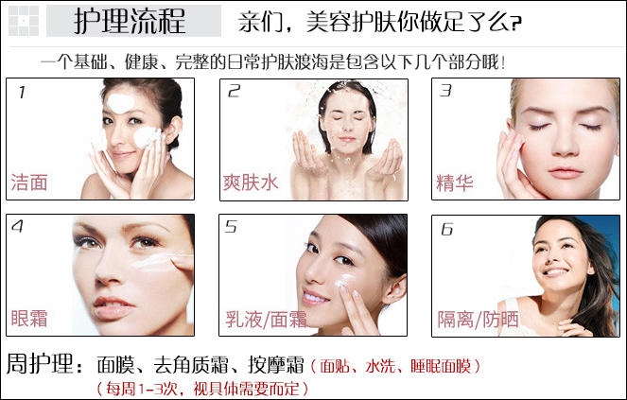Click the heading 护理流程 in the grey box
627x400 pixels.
click(x=130, y=21)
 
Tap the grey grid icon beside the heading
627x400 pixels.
click(x=24, y=21)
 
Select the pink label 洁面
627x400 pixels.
click(x=29, y=183)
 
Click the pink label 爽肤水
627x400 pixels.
click(x=251, y=183)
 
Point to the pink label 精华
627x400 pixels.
click(x=455, y=183)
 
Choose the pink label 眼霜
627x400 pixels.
click(x=29, y=319)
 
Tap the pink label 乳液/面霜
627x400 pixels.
click(x=267, y=320)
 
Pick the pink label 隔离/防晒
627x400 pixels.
click(x=478, y=320)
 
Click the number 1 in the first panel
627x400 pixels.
click(x=22, y=93)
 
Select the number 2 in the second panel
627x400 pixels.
click(x=234, y=91)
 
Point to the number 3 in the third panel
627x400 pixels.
click(x=445, y=91)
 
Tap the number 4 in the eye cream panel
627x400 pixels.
click(x=17, y=226)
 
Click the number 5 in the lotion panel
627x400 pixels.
click(x=231, y=226)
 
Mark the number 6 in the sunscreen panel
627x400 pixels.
click(x=446, y=229)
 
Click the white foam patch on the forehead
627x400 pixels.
click(x=120, y=103)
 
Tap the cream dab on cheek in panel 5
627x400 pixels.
click(x=343, y=281)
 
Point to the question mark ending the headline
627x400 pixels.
click(x=516, y=24)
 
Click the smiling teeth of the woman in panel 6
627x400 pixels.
click(x=556, y=272)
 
